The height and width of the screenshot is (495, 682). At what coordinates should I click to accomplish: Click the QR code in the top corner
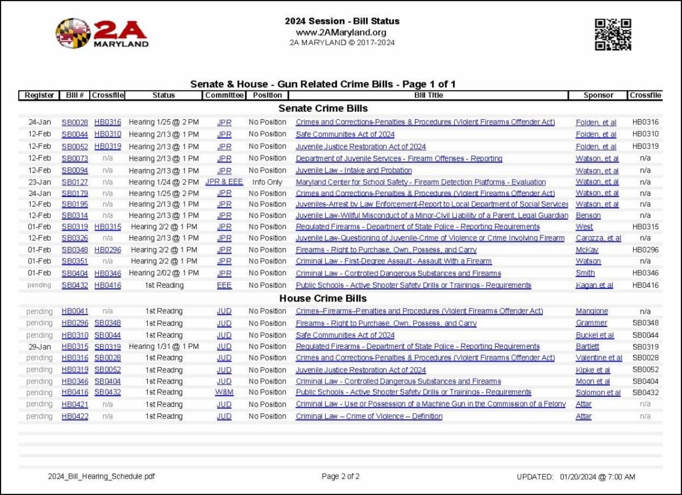click(613, 35)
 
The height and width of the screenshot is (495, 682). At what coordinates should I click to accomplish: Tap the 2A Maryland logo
click(102, 33)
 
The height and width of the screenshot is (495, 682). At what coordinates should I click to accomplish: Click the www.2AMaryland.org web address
click(342, 32)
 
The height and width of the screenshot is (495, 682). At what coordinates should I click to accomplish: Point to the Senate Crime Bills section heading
click(323, 108)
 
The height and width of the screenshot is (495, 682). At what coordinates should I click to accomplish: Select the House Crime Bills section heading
click(323, 298)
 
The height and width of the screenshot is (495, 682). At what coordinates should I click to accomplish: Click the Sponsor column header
click(598, 95)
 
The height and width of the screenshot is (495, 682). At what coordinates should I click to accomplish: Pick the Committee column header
click(224, 95)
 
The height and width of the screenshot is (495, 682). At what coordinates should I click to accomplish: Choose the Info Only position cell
click(267, 182)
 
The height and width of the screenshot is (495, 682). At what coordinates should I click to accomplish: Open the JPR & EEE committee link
click(224, 182)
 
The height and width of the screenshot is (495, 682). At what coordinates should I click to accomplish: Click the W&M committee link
click(224, 392)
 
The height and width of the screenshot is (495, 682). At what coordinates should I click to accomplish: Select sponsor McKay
click(587, 250)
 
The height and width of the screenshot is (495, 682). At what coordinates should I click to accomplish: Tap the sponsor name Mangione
click(592, 311)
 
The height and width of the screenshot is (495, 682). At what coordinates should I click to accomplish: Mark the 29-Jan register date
click(39, 346)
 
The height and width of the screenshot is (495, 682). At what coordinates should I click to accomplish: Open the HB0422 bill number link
click(75, 416)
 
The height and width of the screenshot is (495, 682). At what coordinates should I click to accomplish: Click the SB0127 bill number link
click(75, 182)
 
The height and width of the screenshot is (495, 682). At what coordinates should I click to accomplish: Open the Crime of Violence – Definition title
click(369, 416)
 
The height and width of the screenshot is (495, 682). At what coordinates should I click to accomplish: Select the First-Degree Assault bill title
click(393, 261)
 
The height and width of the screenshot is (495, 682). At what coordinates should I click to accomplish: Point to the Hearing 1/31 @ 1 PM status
click(164, 346)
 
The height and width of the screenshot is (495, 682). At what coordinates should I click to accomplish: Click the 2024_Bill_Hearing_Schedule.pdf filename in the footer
click(101, 476)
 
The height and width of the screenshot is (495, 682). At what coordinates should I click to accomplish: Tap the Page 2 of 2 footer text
click(340, 476)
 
